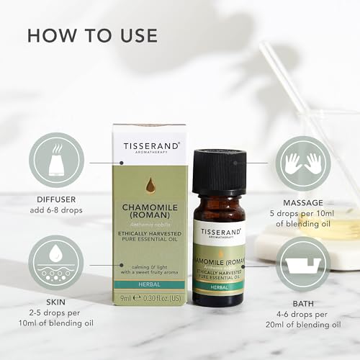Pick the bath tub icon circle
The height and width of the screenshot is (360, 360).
[302, 263]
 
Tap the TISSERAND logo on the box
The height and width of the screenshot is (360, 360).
[150, 146]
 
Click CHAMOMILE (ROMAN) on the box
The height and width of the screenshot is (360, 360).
[150, 216]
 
